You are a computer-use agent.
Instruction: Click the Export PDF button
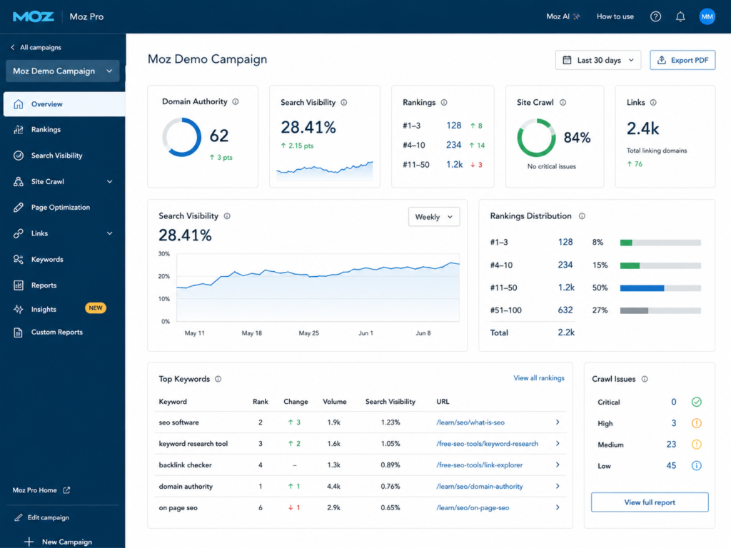pos(682,60)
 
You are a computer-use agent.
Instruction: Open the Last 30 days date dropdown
pos(598,60)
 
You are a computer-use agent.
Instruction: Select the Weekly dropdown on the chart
pos(434,217)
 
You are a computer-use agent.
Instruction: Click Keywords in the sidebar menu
pos(47,259)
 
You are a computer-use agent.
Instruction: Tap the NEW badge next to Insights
pos(96,308)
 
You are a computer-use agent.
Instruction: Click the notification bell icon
pos(680,17)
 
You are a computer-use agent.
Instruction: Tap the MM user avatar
pos(707,17)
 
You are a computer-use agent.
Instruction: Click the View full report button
pos(650,502)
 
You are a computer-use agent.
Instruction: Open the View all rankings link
pos(539,378)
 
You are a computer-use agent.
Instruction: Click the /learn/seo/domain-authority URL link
pos(479,486)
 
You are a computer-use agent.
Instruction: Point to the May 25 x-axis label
pos(308,333)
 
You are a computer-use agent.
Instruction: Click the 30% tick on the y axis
pos(164,254)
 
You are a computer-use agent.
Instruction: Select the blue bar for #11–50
pos(642,288)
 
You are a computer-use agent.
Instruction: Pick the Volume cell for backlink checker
pos(334,465)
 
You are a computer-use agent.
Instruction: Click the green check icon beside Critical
pos(697,402)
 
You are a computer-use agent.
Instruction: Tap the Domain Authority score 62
pos(219,136)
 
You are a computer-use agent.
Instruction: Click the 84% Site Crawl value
pos(577,138)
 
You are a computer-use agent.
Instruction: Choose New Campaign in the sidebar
pos(67,542)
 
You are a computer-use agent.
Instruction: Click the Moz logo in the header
pos(34,17)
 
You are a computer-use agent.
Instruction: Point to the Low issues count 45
pos(671,465)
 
